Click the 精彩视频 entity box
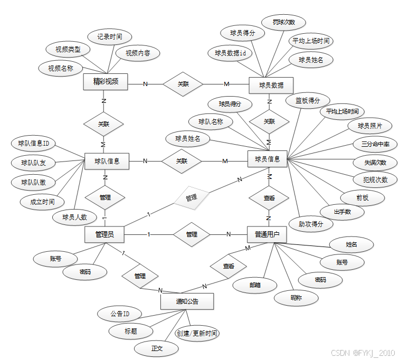click(106, 82)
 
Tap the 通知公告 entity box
click(187, 301)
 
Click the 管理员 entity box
click(104, 234)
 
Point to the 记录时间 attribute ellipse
click(110, 37)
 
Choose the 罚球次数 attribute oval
click(283, 23)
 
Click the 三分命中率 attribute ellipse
click(375, 144)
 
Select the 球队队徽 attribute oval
click(33, 182)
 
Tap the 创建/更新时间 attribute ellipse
click(197, 334)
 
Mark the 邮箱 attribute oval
click(255, 285)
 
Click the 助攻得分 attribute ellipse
click(311, 224)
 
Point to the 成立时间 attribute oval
click(41, 201)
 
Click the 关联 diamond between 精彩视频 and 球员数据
click(183, 84)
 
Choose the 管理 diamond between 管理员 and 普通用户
click(192, 234)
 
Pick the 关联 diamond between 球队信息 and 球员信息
click(182, 161)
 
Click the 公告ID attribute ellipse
click(120, 314)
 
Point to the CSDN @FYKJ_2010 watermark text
click(362, 353)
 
